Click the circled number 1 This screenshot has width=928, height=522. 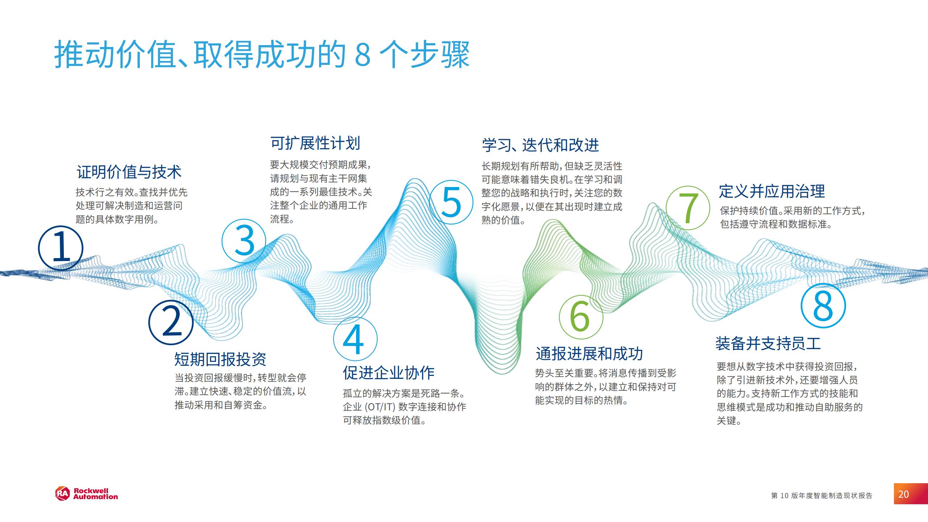pyautogui.click(x=61, y=249)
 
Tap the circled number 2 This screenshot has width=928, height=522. pyautogui.click(x=171, y=322)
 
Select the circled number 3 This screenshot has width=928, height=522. pyautogui.click(x=244, y=241)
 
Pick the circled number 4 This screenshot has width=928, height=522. pyautogui.click(x=355, y=339)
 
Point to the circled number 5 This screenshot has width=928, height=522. pyautogui.click(x=451, y=203)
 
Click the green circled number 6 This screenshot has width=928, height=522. pyautogui.click(x=581, y=317)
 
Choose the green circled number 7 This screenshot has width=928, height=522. pyautogui.click(x=688, y=208)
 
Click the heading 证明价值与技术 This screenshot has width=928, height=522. pyautogui.click(x=129, y=172)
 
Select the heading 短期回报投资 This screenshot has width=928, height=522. pyautogui.click(x=220, y=359)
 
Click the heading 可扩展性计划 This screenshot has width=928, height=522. pyautogui.click(x=315, y=143)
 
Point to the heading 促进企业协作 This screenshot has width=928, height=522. pyautogui.click(x=389, y=373)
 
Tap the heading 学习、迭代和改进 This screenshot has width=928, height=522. pyautogui.click(x=540, y=145)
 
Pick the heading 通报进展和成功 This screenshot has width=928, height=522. pyautogui.click(x=589, y=353)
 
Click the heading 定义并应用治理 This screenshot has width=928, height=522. pyautogui.click(x=772, y=191)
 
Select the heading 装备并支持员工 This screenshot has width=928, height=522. pyautogui.click(x=768, y=343)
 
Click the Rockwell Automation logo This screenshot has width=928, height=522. pyautogui.click(x=86, y=494)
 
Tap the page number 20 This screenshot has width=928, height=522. pyautogui.click(x=903, y=494)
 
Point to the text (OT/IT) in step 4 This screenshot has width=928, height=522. pyautogui.click(x=379, y=407)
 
